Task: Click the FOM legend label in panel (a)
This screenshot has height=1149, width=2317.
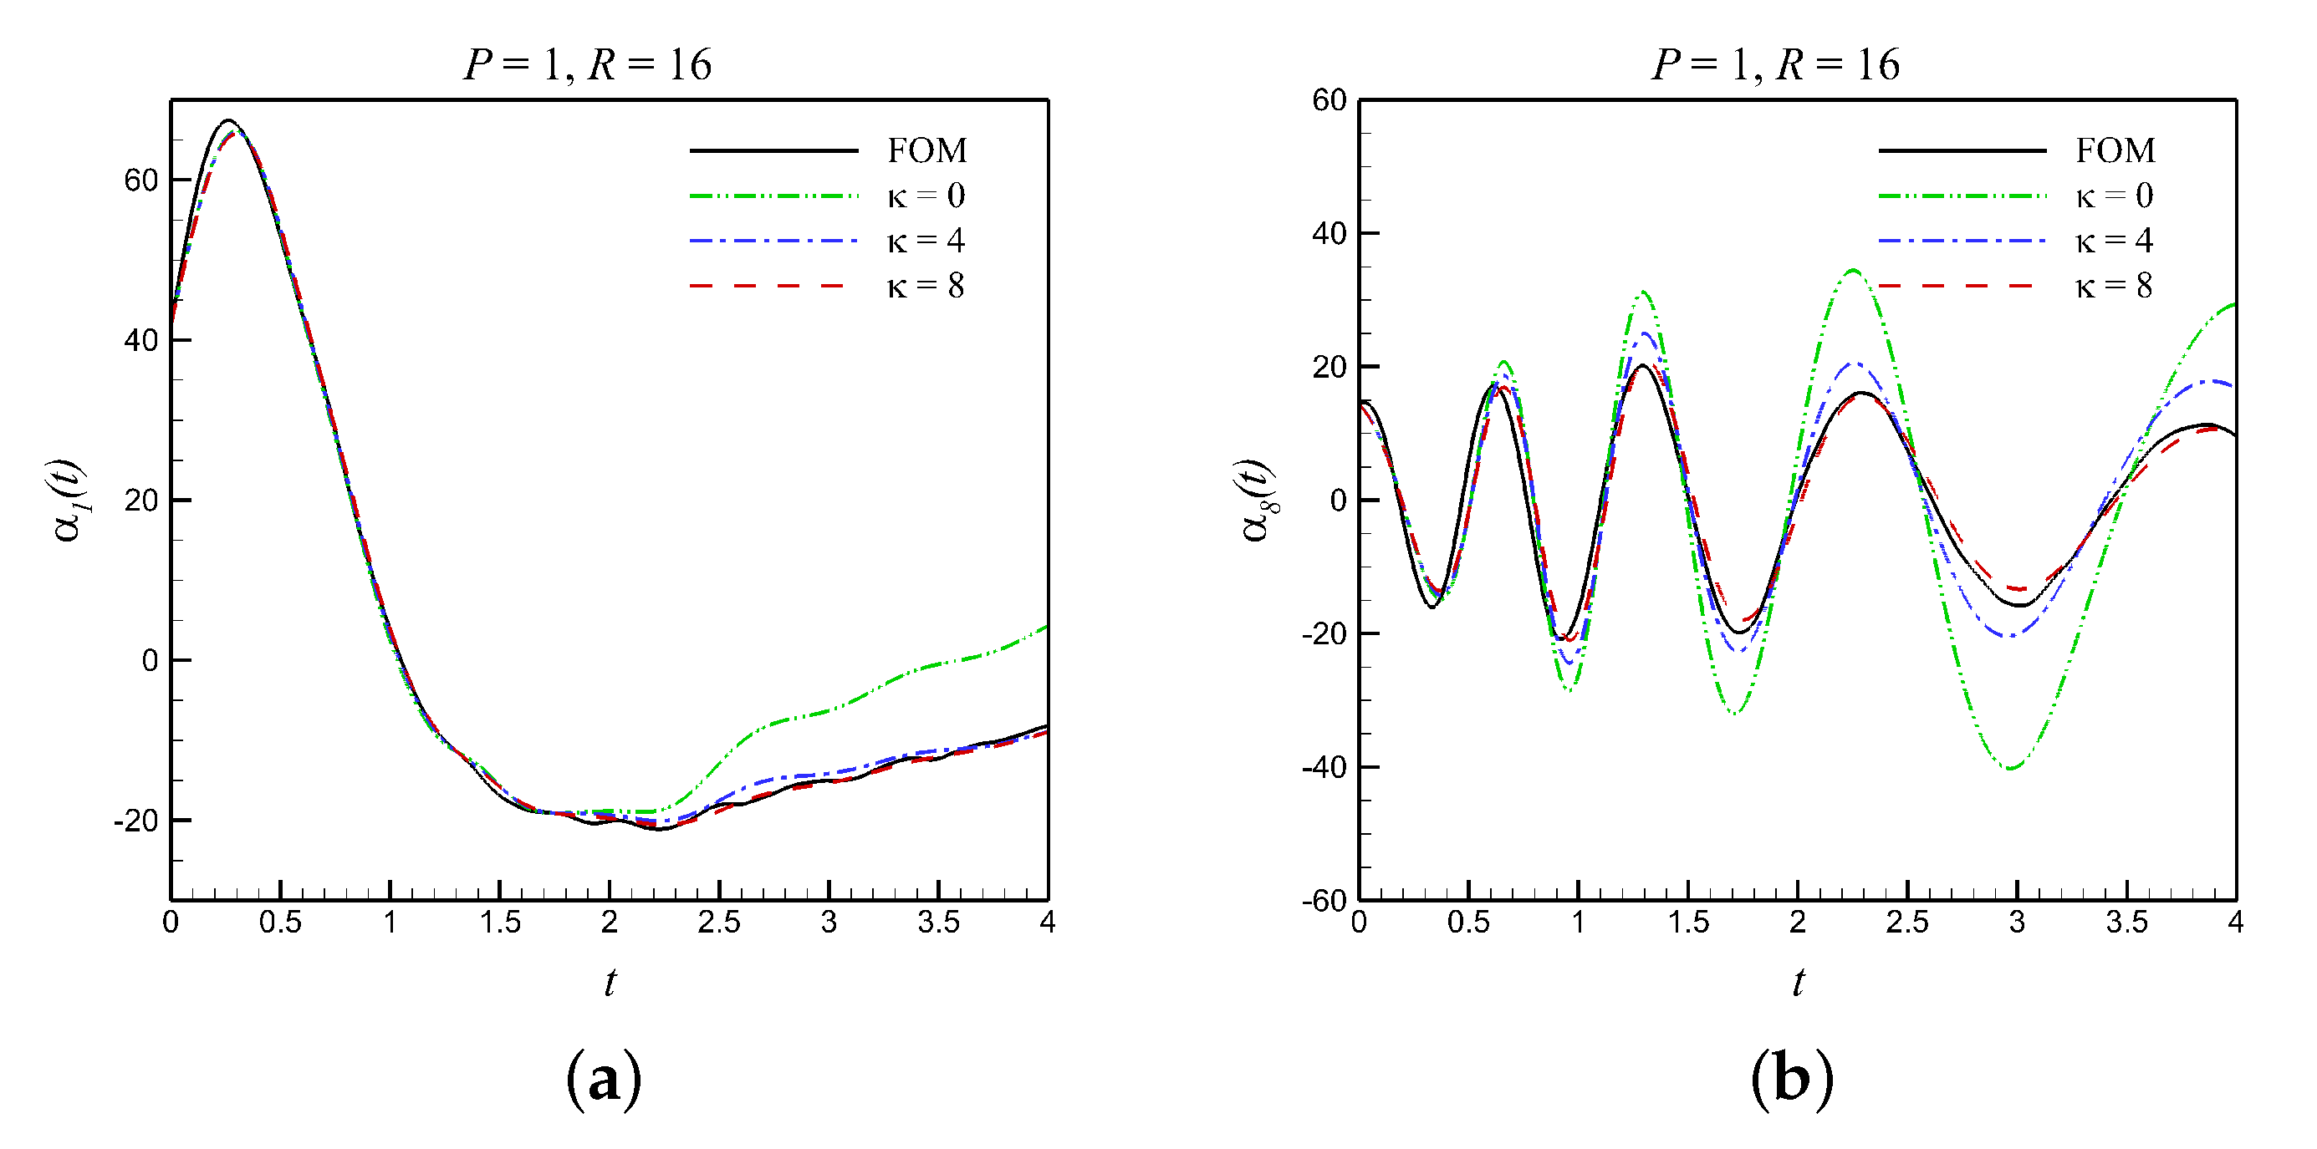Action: pyautogui.click(x=926, y=150)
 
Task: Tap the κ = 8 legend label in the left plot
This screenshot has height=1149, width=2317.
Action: pyautogui.click(x=925, y=286)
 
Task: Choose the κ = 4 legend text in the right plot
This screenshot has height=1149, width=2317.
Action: pyautogui.click(x=2113, y=240)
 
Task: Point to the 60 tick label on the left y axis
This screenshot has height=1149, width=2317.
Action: pyautogui.click(x=141, y=180)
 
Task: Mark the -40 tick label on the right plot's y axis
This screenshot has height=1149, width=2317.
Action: pyautogui.click(x=1324, y=768)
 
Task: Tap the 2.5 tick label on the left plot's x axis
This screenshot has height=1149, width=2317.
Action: pyautogui.click(x=718, y=923)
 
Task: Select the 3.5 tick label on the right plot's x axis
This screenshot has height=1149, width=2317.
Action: pyautogui.click(x=2126, y=923)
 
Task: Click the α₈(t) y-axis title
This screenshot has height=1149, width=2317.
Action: pyautogui.click(x=1258, y=500)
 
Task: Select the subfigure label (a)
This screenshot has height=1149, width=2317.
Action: pyautogui.click(x=604, y=1078)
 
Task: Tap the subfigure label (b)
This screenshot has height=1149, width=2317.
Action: pyautogui.click(x=1791, y=1078)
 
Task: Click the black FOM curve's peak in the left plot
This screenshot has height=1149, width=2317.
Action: pyautogui.click(x=229, y=120)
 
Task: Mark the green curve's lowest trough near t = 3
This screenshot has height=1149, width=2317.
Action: pyautogui.click(x=2011, y=769)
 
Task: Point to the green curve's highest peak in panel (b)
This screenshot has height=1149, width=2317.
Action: pyautogui.click(x=1853, y=270)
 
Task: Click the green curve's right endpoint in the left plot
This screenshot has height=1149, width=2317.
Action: pyautogui.click(x=1047, y=626)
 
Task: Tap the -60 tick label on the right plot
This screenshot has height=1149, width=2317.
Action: pyautogui.click(x=1324, y=900)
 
